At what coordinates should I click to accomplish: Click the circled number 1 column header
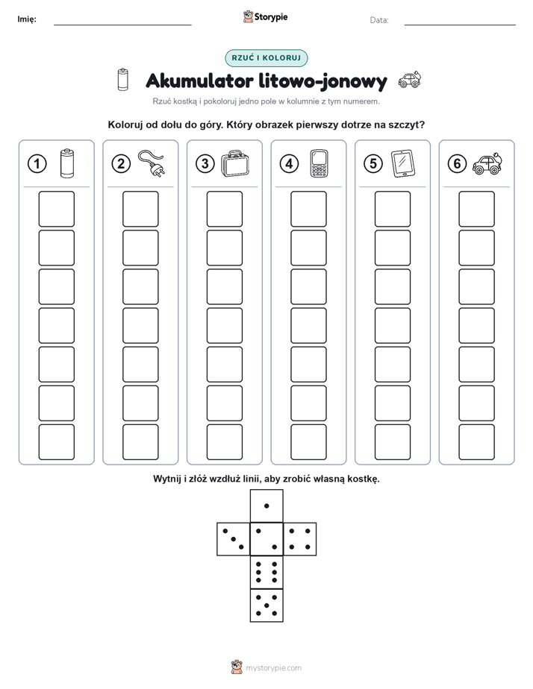[x=37, y=163]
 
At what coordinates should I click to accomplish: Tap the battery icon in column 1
[x=67, y=163]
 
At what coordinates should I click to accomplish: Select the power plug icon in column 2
[x=152, y=163]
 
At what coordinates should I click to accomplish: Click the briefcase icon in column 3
[x=235, y=163]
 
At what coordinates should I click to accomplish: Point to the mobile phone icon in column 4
[x=320, y=163]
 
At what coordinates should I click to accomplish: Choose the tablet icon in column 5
[x=403, y=163]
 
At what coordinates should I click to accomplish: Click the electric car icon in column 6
[x=487, y=164]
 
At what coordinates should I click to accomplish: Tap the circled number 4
[x=289, y=163]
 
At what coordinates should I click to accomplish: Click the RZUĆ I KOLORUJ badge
[x=266, y=58]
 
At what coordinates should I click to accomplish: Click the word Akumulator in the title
[x=199, y=81]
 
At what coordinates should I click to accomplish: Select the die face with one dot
[x=266, y=506]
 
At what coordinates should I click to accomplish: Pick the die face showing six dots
[x=266, y=572]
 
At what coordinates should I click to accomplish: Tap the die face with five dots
[x=266, y=605]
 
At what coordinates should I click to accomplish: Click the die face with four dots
[x=300, y=539]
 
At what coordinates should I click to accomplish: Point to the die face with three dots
[x=234, y=539]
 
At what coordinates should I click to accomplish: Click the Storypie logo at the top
[x=265, y=16]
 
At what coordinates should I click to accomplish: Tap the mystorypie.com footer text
[x=273, y=668]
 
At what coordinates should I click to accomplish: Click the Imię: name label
[x=27, y=19]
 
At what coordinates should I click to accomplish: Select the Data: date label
[x=379, y=20]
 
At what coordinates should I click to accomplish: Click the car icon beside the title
[x=409, y=80]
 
